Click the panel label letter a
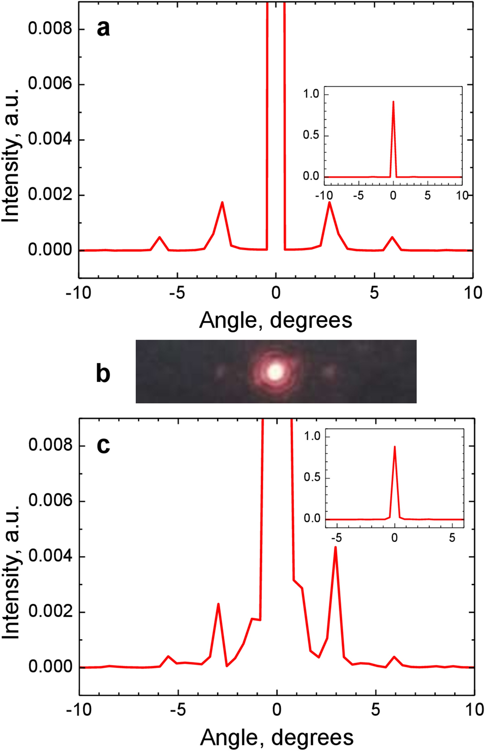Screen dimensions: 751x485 tap(103, 28)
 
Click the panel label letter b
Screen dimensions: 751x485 tap(103, 374)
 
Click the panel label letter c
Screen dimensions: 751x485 tap(103, 445)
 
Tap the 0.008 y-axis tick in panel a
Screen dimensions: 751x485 tap(50, 29)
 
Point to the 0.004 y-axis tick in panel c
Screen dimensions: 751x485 tap(50, 556)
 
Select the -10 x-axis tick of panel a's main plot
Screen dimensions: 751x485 tap(79, 293)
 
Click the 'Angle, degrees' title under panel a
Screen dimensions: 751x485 tap(276, 320)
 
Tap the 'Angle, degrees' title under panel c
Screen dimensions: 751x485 tap(277, 737)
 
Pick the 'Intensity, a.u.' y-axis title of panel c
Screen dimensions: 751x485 tap(11, 572)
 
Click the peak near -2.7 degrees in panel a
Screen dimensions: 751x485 tap(222, 202)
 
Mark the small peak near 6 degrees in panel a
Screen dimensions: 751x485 tap(392, 237)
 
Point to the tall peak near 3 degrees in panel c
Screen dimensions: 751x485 tap(335, 547)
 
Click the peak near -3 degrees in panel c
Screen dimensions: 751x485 tap(218, 604)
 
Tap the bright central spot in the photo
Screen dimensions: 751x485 tap(275, 372)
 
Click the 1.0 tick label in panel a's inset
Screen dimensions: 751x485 tap(311, 94)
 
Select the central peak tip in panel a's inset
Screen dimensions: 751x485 tap(393, 102)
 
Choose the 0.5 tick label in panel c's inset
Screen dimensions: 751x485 tap(312, 477)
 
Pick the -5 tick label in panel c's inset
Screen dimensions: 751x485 tap(336, 538)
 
